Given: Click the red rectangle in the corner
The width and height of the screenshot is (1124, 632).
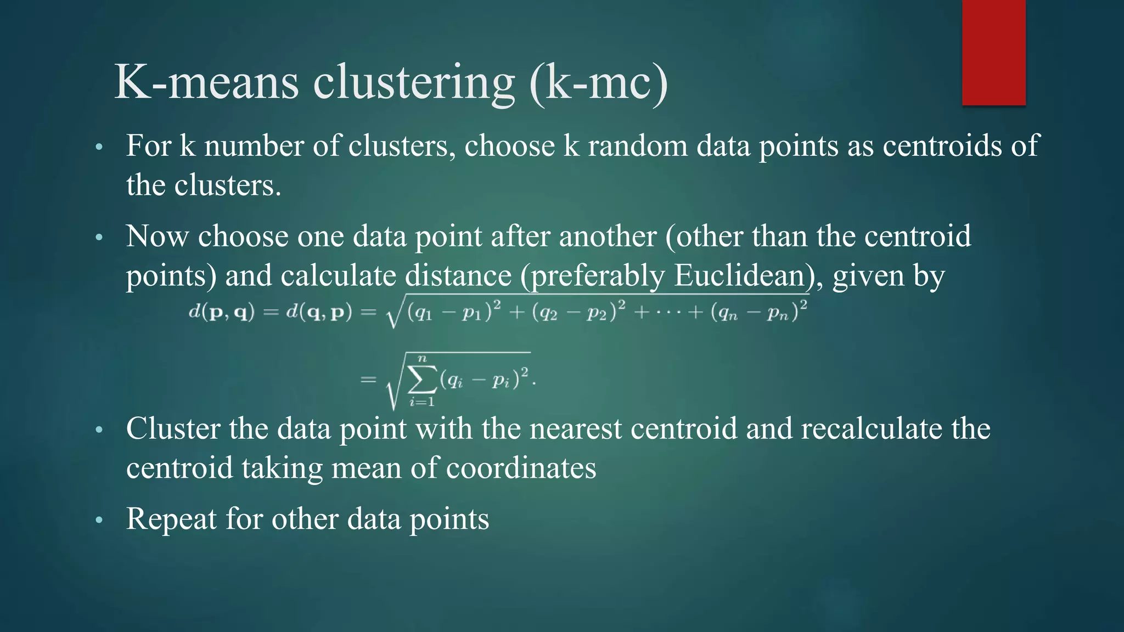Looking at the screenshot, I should [x=993, y=53].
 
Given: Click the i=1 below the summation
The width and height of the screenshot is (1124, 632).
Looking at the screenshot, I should [x=421, y=402].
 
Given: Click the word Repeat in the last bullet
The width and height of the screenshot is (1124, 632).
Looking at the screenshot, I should [x=171, y=519].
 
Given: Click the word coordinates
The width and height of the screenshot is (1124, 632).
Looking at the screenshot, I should [x=521, y=469].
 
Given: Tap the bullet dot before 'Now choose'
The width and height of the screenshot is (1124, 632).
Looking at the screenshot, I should [x=99, y=238].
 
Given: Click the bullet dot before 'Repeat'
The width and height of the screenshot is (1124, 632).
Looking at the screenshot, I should [x=99, y=520].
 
